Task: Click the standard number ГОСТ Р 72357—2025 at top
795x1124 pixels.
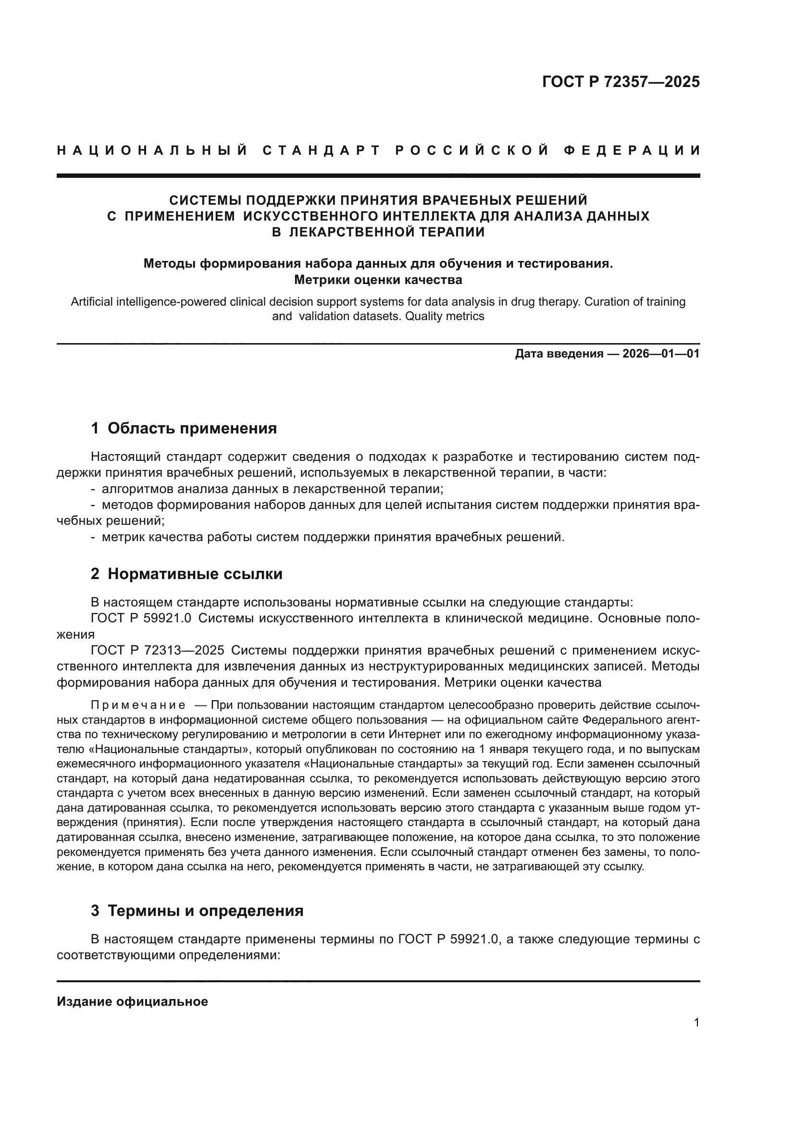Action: (x=621, y=82)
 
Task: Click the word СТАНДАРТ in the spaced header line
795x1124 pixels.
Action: (x=322, y=150)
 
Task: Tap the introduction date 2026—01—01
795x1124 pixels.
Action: (x=661, y=354)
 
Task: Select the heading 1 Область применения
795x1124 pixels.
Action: (x=184, y=428)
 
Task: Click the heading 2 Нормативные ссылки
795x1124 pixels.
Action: (x=186, y=574)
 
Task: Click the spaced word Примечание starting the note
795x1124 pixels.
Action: (x=138, y=705)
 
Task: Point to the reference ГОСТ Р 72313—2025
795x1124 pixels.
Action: (x=158, y=650)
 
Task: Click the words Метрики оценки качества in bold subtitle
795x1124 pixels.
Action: (x=378, y=280)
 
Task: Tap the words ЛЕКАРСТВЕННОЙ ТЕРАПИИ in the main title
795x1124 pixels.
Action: (x=387, y=232)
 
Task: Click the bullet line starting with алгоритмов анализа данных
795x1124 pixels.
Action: (x=272, y=489)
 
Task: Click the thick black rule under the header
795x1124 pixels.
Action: (x=378, y=175)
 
